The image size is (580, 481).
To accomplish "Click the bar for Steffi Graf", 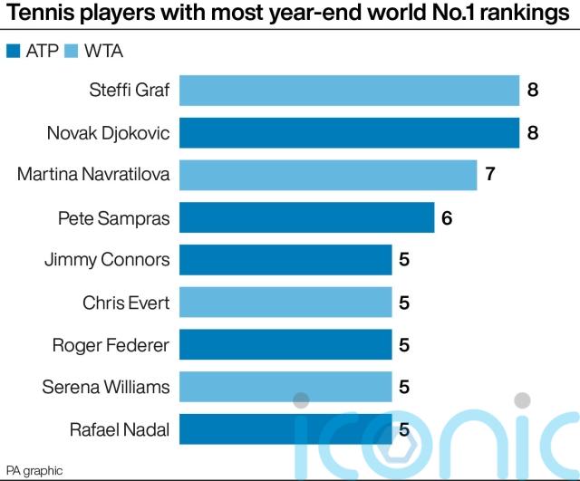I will point(349,90).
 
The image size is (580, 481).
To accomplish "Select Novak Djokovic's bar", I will point(349,132).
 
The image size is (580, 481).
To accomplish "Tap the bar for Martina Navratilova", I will point(328,175).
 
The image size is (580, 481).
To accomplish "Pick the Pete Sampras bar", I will point(306,217).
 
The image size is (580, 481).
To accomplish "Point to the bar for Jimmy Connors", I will point(285,260).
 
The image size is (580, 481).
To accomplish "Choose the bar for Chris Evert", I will point(285,303).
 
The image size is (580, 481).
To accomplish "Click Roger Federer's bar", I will point(285,345).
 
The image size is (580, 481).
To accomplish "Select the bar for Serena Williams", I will point(285,388).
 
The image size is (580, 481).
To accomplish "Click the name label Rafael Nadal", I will point(120,429).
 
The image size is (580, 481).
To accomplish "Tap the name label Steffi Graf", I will point(130,90).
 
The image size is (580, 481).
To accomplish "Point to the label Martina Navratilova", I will point(93,175).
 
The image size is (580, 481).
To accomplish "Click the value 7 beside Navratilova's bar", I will point(490,175).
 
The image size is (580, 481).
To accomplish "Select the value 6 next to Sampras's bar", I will point(448,217).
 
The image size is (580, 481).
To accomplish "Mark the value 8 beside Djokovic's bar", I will point(533,132).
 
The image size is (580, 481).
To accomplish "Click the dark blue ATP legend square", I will point(13,51).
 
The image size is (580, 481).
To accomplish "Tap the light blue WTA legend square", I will point(72,51).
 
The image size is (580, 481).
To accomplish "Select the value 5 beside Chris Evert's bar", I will point(405,303).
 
